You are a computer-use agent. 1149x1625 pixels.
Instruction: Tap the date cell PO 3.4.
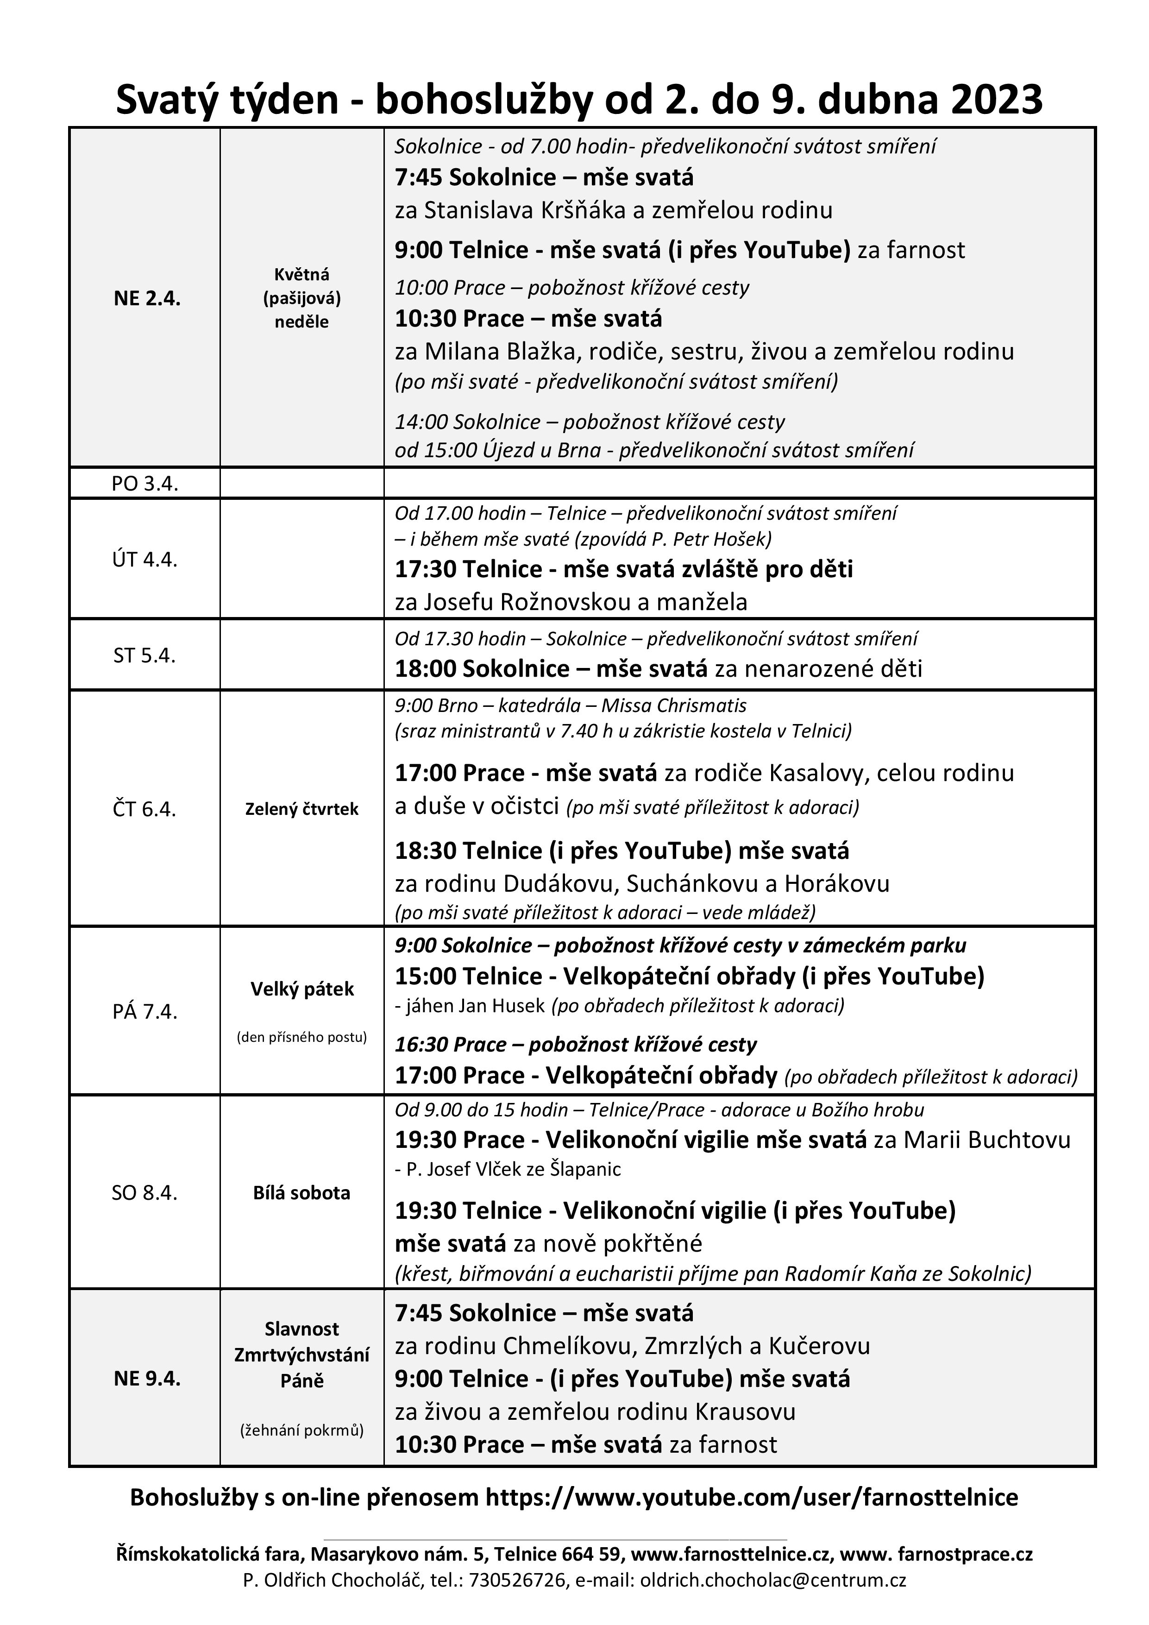pyautogui.click(x=145, y=484)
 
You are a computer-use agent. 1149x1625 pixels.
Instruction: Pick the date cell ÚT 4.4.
pyautogui.click(x=145, y=560)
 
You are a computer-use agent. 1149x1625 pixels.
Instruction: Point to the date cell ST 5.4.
pyautogui.click(x=144, y=655)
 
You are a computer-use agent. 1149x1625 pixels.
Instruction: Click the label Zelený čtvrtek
pyautogui.click(x=302, y=809)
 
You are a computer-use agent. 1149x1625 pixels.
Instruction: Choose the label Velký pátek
pyautogui.click(x=302, y=989)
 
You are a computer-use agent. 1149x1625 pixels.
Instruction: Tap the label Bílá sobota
pyautogui.click(x=302, y=1192)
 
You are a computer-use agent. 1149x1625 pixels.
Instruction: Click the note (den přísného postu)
pyautogui.click(x=302, y=1038)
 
